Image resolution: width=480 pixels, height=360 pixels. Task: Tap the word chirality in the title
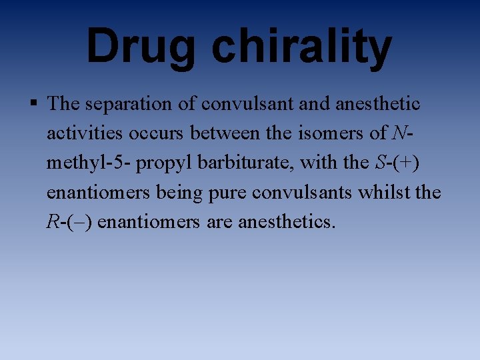click(301, 47)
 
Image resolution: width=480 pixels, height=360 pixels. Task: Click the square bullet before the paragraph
click(34, 103)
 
